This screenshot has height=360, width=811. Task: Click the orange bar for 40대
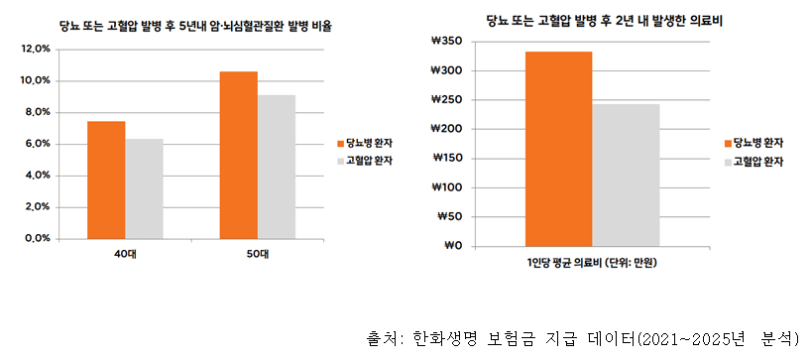click(106, 180)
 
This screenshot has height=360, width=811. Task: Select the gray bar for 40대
click(144, 188)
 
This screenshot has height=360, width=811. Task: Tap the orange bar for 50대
click(238, 155)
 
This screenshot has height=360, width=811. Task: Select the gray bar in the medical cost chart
click(626, 175)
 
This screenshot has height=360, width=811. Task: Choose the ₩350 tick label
click(448, 42)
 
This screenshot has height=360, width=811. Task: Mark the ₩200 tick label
click(448, 129)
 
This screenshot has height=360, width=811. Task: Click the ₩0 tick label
click(454, 246)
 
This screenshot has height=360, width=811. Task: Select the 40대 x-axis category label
click(125, 255)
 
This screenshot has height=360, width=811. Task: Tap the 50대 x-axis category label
click(257, 255)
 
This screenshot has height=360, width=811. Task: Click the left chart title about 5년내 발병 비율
click(194, 25)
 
